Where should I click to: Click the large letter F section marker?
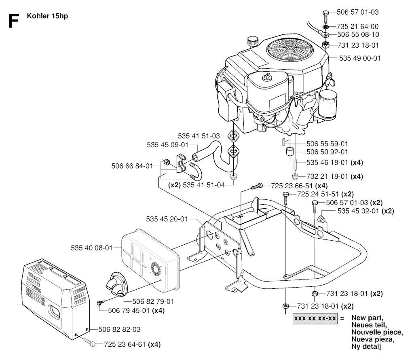tap(13, 21)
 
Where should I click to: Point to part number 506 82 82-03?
tap(121, 329)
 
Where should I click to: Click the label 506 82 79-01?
tap(153, 301)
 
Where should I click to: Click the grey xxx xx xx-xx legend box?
tap(315, 318)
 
